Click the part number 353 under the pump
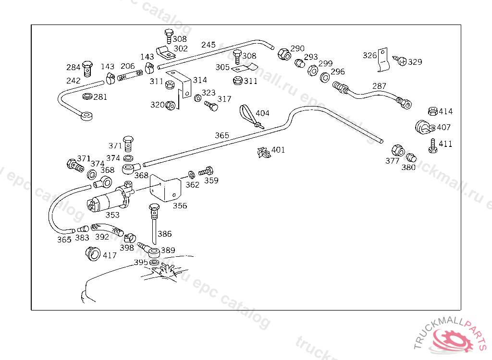point(112,216)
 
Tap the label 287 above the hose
point(379,86)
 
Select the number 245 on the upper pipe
point(209,45)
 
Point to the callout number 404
point(262,113)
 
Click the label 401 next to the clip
point(278,150)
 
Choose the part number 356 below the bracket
point(180,206)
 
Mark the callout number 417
point(110,255)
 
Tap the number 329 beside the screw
point(415,62)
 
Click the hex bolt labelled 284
point(87,68)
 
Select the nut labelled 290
point(284,54)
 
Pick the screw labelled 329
point(401,61)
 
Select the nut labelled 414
point(431,111)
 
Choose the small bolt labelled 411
point(433,145)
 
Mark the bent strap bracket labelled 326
point(383,60)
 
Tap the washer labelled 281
point(87,97)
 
